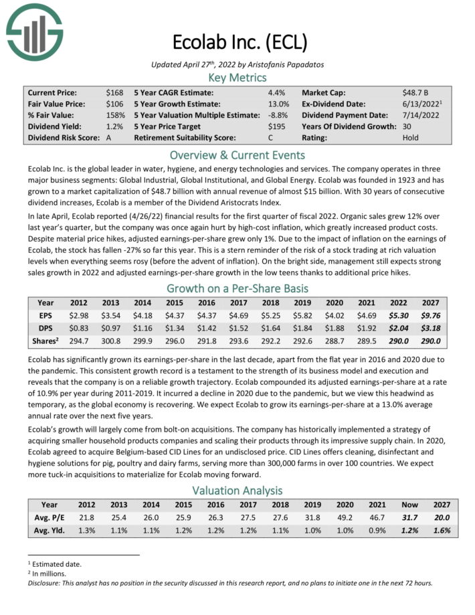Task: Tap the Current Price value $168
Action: click(x=114, y=92)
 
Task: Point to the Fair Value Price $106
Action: click(x=114, y=104)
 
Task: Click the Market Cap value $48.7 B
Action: click(x=415, y=92)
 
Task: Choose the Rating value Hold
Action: click(x=410, y=138)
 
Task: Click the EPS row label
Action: click(x=48, y=317)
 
